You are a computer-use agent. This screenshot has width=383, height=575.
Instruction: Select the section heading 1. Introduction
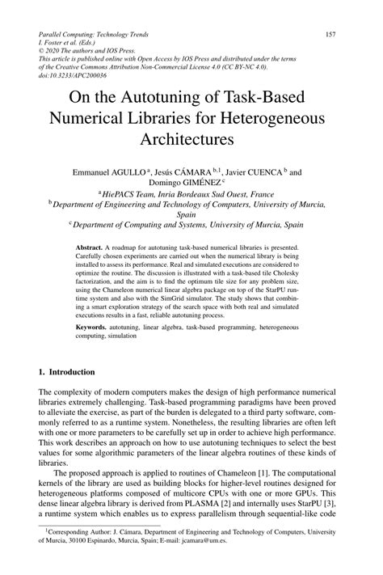tap(68, 372)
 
